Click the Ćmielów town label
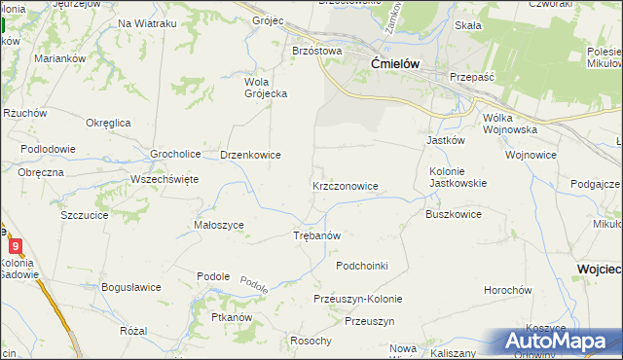coord(395,63)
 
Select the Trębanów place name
coord(316,235)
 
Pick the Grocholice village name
coord(175,154)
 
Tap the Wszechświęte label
coord(165,179)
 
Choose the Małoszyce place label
coord(219,225)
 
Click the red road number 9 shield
coord(15,246)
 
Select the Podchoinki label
coord(362,266)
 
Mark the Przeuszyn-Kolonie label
coord(357,299)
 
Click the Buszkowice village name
coord(454,214)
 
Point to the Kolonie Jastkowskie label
coord(458,176)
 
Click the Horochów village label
coord(508,290)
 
